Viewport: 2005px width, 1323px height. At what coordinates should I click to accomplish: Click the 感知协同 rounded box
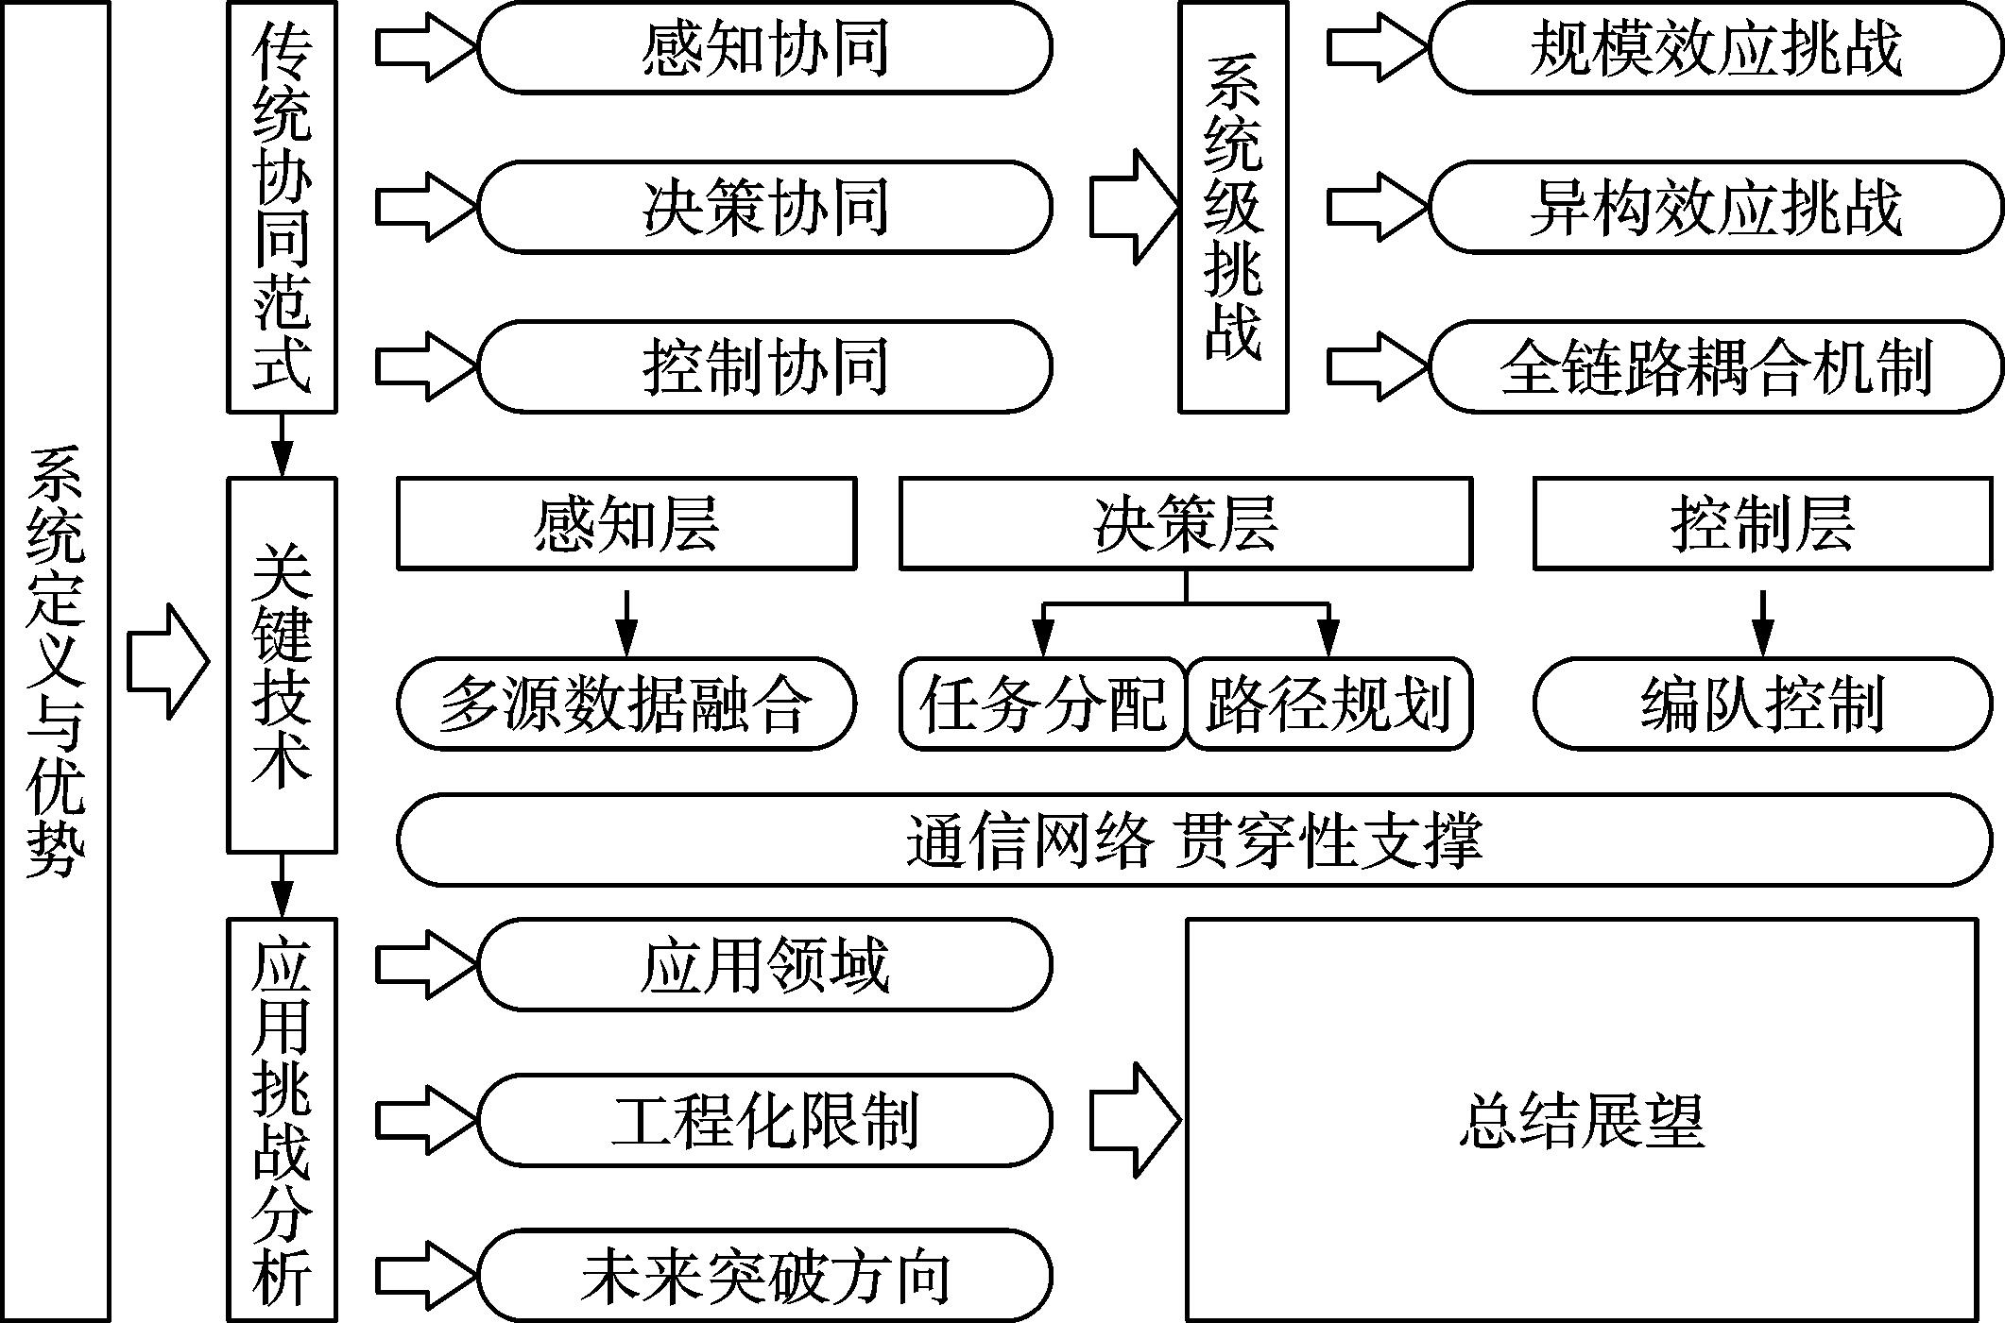click(763, 47)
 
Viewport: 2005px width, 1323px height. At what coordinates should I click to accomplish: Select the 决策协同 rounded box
click(763, 207)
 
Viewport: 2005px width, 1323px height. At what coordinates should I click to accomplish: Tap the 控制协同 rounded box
click(763, 366)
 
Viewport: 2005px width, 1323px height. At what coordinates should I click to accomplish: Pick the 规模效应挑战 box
click(1715, 47)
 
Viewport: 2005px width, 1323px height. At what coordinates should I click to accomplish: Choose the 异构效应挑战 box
click(1715, 207)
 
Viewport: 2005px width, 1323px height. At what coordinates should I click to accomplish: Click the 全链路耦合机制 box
click(1715, 366)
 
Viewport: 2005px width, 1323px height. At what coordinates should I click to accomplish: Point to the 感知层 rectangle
click(626, 524)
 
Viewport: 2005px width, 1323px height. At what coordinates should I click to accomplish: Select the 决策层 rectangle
click(1186, 524)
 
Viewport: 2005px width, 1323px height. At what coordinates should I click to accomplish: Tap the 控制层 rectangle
click(1762, 524)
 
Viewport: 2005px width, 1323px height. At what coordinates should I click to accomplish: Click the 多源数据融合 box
click(626, 704)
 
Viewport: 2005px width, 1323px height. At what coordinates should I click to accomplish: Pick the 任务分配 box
click(1042, 704)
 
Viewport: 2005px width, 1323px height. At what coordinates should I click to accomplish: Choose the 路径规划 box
click(1328, 704)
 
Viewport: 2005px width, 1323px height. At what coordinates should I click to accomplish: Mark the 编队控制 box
click(1762, 704)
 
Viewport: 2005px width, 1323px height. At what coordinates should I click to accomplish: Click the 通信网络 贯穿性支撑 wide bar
click(1194, 840)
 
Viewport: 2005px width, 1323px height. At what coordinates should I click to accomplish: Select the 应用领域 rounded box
click(763, 965)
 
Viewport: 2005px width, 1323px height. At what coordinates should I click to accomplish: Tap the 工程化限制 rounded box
click(763, 1120)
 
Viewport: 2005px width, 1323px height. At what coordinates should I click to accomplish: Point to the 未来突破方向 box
click(763, 1275)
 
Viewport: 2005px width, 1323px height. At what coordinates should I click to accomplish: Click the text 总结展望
click(1581, 1121)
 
